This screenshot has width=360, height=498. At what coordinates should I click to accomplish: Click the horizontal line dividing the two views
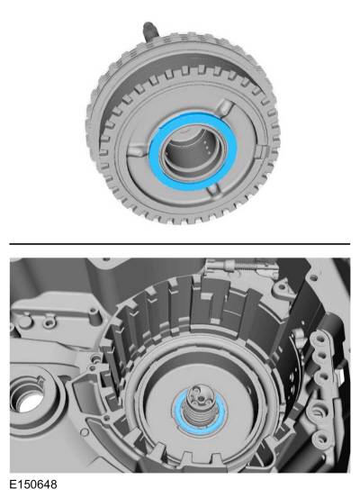coord(180,243)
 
